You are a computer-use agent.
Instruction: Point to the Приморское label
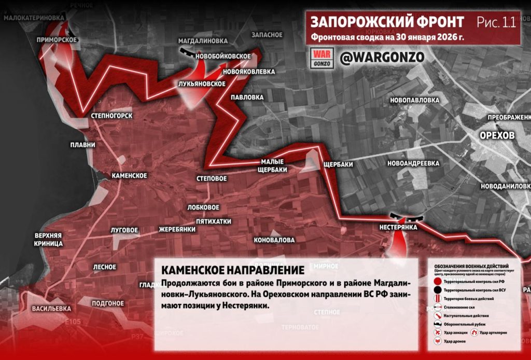57,40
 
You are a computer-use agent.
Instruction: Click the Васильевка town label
51,308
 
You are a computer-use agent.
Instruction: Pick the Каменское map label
129,176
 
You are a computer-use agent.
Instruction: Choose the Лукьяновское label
201,84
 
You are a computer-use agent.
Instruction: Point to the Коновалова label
274,240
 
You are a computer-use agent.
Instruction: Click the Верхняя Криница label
49,239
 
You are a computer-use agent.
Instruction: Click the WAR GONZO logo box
322,58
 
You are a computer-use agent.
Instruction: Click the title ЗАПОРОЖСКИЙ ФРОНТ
387,22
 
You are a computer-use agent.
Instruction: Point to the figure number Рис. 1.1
496,22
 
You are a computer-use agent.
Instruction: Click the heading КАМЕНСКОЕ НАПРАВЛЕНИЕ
232,270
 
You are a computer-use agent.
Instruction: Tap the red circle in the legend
437,281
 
